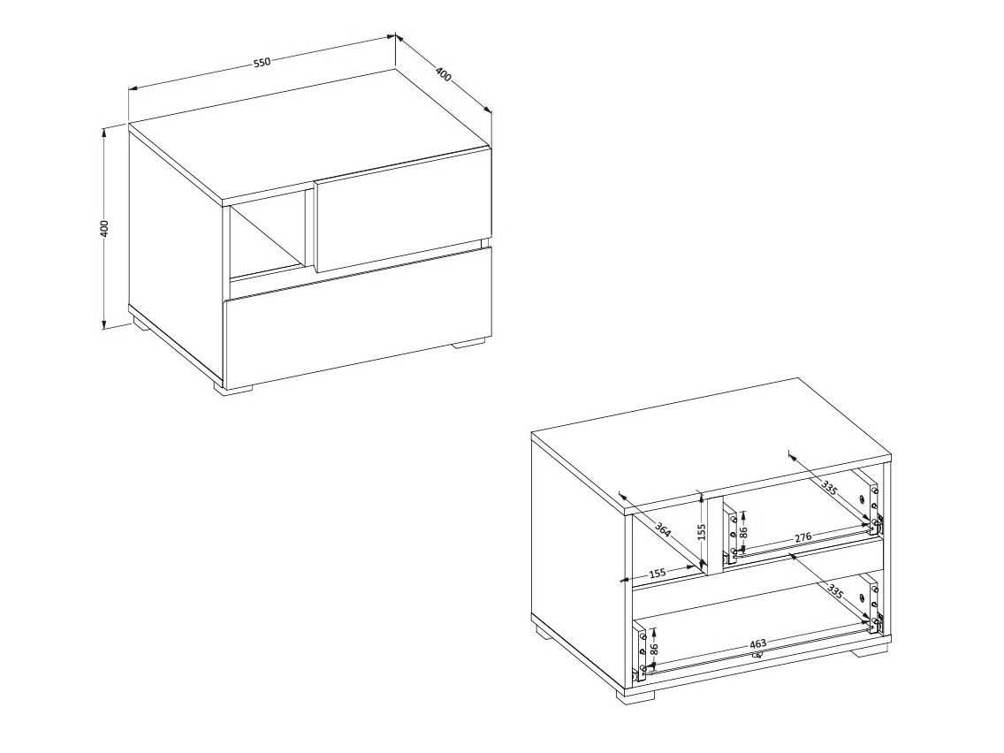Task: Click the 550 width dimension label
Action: click(262, 62)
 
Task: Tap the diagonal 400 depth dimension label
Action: click(443, 73)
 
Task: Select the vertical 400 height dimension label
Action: click(105, 228)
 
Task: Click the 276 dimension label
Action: click(803, 536)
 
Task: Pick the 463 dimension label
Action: click(757, 643)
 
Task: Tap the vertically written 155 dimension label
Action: click(701, 533)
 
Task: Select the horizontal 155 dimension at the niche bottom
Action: click(658, 572)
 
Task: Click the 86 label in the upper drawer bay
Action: click(742, 531)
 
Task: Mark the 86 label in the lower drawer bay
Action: click(654, 650)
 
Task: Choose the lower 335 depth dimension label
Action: click(835, 591)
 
